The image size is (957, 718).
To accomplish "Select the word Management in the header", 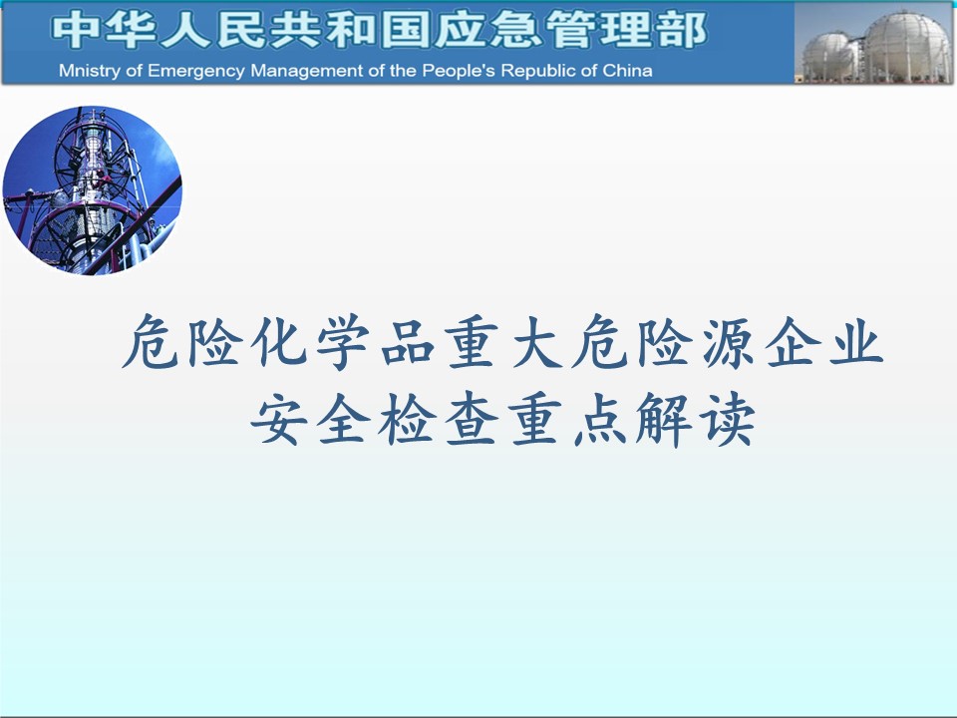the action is coord(307,72).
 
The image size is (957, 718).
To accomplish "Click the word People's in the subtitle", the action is coord(459,72).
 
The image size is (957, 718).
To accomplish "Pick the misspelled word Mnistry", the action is coord(90,72).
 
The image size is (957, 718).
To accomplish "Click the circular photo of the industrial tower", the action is coord(92,190).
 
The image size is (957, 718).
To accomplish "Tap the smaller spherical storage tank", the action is coord(828,56).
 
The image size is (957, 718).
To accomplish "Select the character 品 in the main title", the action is coord(408,342).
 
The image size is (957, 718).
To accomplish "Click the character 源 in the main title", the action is coord(728,342).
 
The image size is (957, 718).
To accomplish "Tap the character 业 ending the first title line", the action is coord(856,342).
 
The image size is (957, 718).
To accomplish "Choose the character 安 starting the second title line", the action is coord(278,419).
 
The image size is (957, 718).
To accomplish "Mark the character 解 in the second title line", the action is coord(664,419).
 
